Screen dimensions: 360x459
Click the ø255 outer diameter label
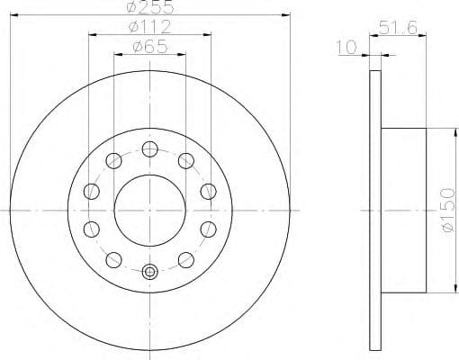(x=149, y=7)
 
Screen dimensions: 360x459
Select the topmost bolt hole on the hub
(x=149, y=148)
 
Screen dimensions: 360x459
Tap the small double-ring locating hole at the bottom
(x=149, y=271)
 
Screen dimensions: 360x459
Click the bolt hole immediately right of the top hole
(x=186, y=161)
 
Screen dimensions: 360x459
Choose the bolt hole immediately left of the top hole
(x=113, y=161)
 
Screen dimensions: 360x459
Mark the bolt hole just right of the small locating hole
(x=186, y=259)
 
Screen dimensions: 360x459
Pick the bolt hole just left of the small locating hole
(x=113, y=259)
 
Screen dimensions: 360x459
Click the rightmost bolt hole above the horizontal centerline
(x=208, y=191)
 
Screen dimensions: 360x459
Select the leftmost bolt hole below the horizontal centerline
(x=92, y=229)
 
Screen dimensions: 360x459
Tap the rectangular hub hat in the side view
(x=402, y=210)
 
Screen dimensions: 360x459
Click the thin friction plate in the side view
(x=375, y=210)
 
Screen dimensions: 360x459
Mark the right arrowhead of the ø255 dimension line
(x=287, y=14)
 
